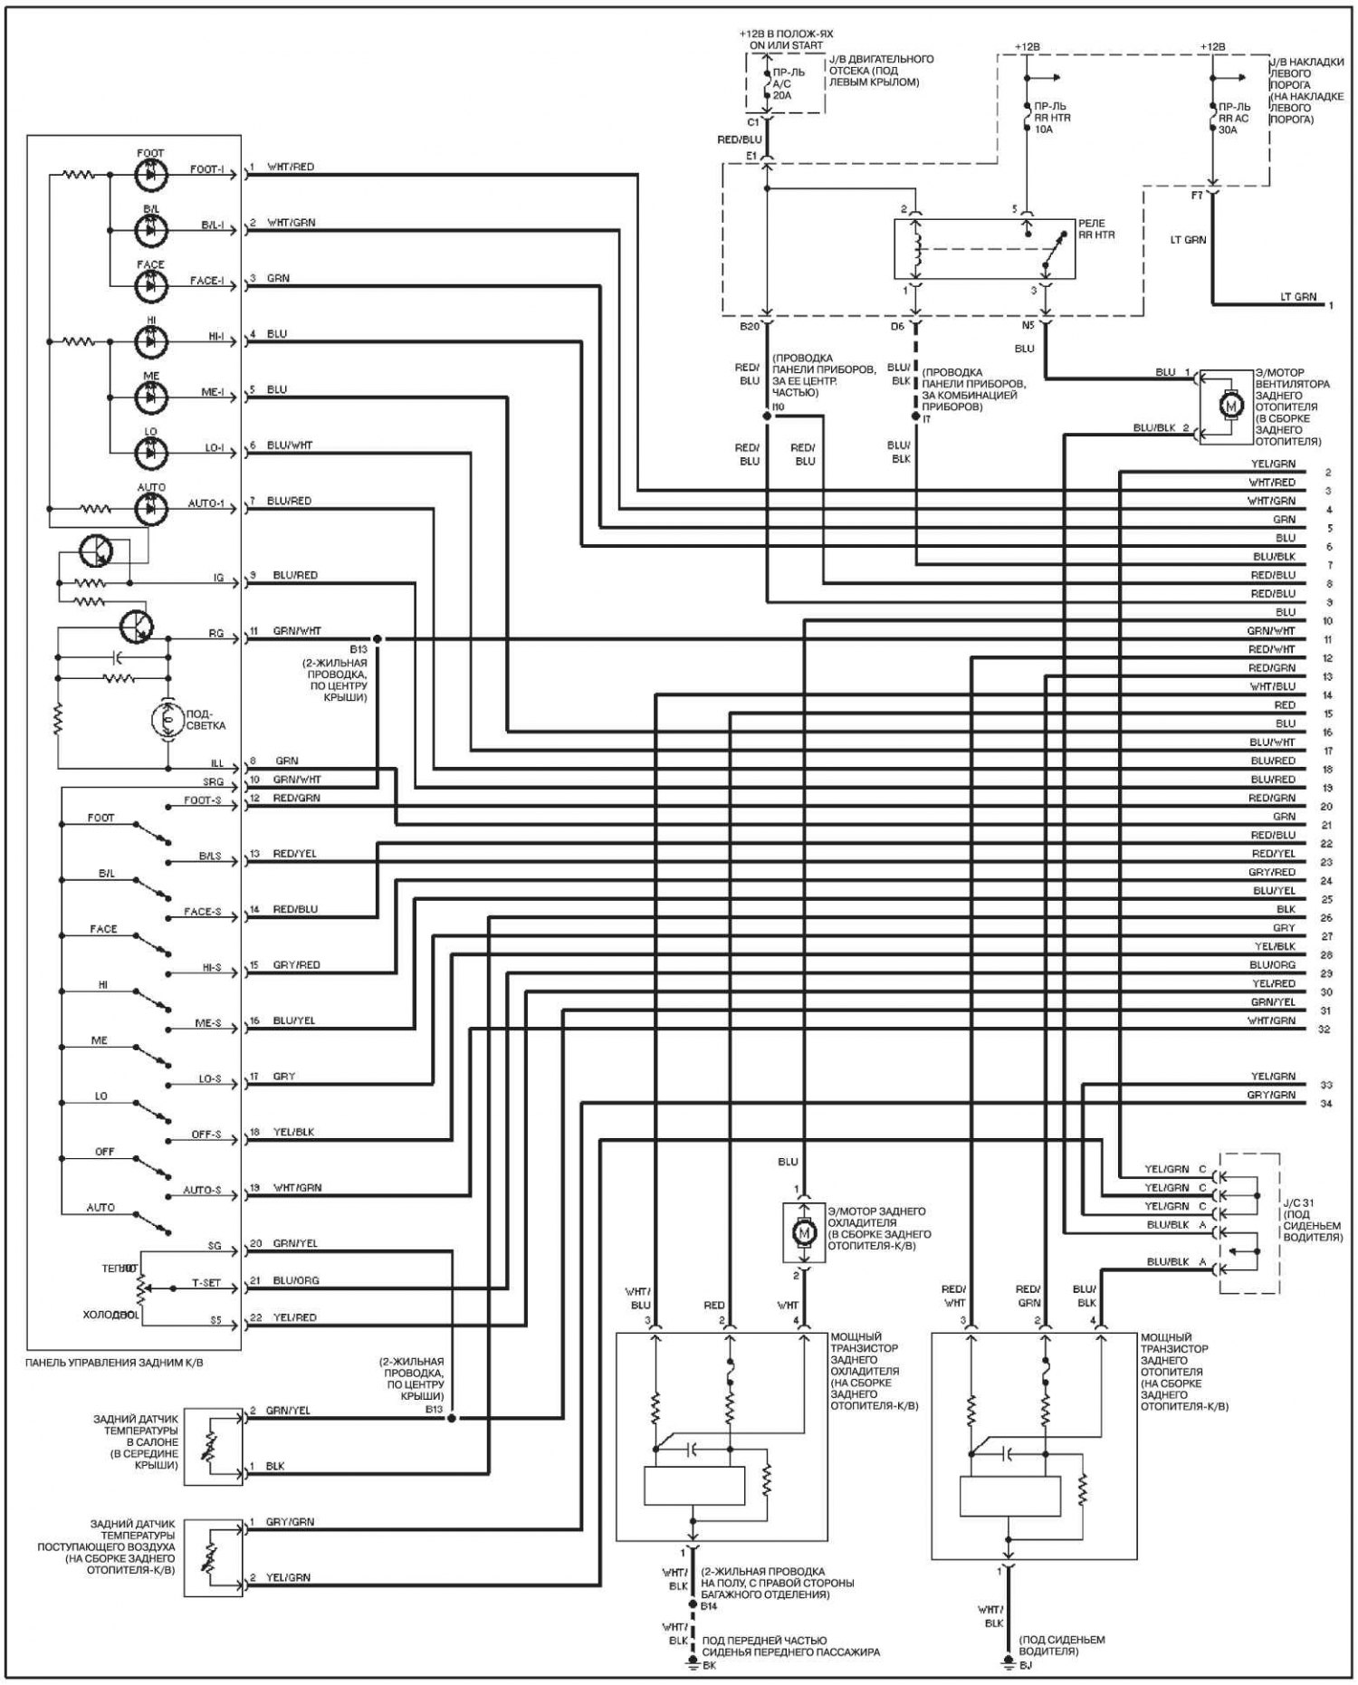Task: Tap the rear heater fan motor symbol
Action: tap(1229, 407)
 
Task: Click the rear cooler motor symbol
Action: tap(802, 1232)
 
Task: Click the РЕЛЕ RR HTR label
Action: tap(1095, 229)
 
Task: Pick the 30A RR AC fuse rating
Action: tap(1229, 129)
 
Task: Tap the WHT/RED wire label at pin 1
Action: tap(291, 168)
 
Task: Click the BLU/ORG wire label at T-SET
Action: tap(295, 1281)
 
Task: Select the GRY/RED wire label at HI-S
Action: tap(297, 965)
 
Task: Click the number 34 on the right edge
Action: tap(1326, 1104)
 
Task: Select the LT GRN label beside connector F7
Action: tap(1189, 240)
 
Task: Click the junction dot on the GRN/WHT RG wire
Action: tap(378, 639)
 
